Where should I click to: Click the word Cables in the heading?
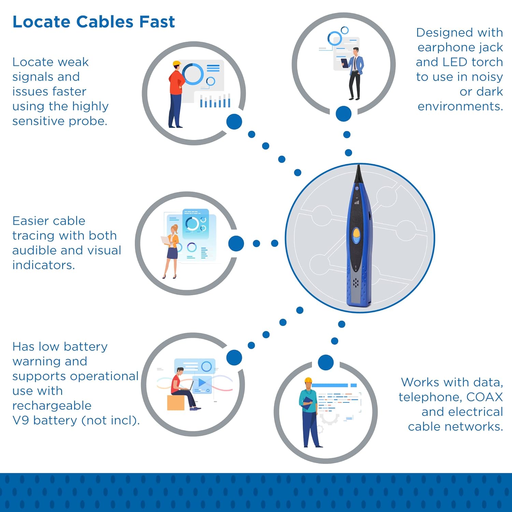pos(104,22)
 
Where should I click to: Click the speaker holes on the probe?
pos(356,282)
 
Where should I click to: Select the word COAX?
pos(484,397)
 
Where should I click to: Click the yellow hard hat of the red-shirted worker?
pos(176,63)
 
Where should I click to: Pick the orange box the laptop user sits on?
pos(176,402)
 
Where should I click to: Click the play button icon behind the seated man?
pos(202,382)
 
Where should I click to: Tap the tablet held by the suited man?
pos(344,63)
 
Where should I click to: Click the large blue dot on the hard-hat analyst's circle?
pos(234,122)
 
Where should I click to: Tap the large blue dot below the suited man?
pos(343,114)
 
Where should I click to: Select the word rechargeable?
pos(52,406)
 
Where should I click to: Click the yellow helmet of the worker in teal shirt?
pos(308,380)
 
